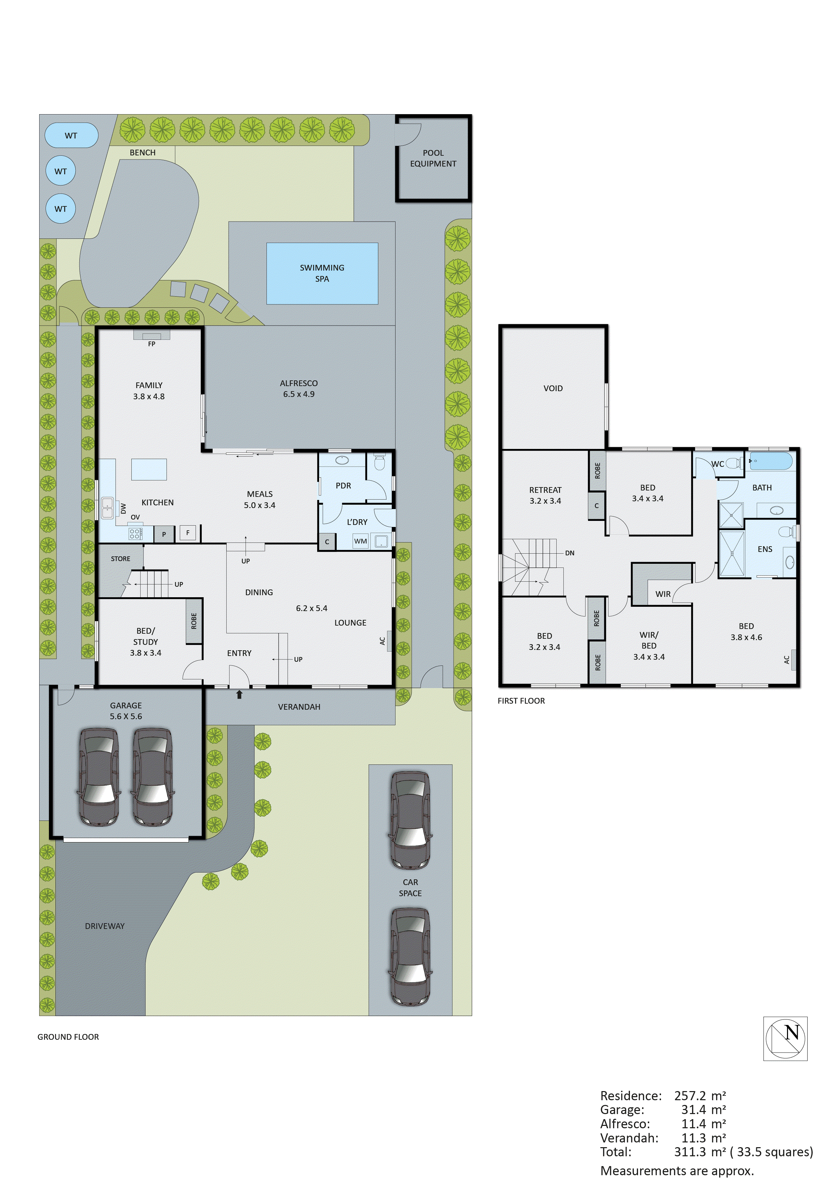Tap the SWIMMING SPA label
(x=322, y=273)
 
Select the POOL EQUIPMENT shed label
(x=433, y=158)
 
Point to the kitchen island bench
(x=149, y=470)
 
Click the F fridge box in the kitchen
(x=188, y=533)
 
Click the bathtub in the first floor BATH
(x=770, y=461)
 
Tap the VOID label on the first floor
(x=553, y=388)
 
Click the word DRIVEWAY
(x=105, y=926)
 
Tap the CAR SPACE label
(x=410, y=888)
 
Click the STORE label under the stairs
(x=120, y=558)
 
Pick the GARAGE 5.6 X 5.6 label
(x=126, y=711)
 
